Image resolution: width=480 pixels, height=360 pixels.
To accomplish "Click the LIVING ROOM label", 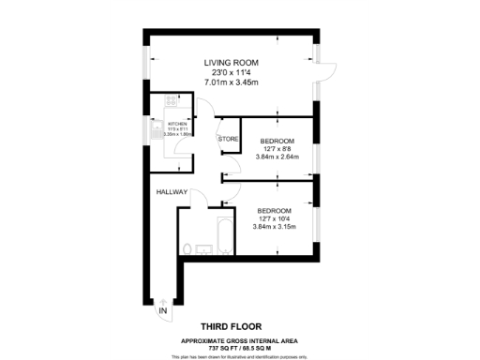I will [230, 63].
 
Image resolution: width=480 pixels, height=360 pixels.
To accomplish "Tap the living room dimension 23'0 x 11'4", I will [230, 72].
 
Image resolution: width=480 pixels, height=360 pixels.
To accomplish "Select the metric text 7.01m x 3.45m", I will [230, 82].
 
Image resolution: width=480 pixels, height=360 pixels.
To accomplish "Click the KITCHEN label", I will [177, 124].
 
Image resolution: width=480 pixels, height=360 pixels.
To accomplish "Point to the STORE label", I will [228, 140].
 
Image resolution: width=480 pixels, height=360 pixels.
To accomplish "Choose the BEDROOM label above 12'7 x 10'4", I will [275, 210].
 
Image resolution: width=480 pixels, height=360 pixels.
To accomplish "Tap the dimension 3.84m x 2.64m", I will [278, 157].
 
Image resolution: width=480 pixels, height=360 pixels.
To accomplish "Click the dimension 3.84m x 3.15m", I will [275, 227].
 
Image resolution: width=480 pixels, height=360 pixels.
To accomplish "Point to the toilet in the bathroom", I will [188, 248].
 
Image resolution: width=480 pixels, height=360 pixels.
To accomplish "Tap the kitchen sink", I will [155, 132].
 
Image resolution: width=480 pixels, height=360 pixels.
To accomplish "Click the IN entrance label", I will [163, 310].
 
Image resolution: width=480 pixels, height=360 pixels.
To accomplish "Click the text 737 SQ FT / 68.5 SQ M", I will [239, 348].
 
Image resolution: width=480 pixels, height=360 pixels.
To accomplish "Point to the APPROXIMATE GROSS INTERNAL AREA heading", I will [239, 340].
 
